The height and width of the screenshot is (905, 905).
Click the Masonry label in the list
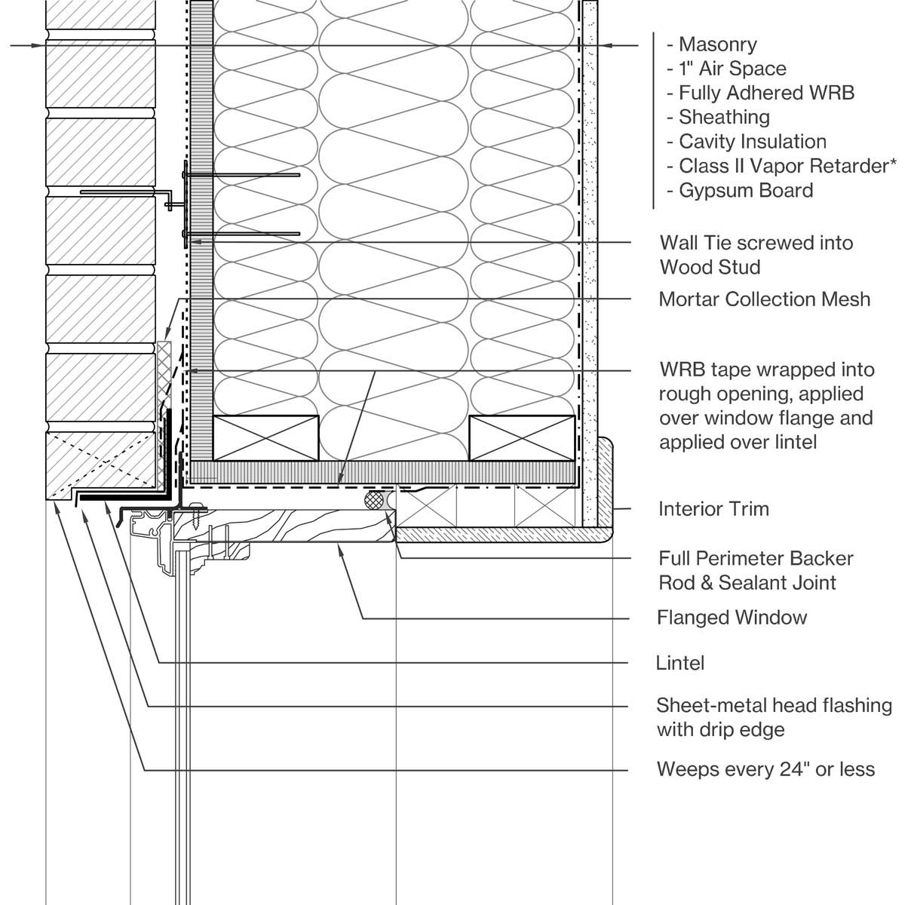pos(717,44)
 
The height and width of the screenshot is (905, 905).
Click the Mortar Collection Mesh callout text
pos(764,299)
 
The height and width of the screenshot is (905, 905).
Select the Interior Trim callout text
pos(713,508)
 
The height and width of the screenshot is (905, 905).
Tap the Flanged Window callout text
pos(732,618)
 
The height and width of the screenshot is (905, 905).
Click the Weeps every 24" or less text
pos(765,769)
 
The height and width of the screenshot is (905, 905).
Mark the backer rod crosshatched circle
pos(374,500)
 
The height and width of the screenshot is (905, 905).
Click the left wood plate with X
pos(265,437)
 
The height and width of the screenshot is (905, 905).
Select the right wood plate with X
pos(522,437)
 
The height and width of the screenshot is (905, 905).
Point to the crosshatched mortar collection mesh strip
pos(164,377)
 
